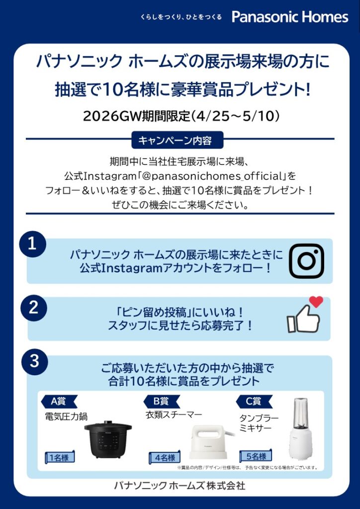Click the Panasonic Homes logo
290,17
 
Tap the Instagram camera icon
306,260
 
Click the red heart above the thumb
316,302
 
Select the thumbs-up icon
303,319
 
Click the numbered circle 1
32,244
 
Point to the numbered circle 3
35,362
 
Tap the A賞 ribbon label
59,402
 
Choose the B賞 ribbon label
161,402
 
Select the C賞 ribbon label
253,402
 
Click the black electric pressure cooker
108,439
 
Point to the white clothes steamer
210,442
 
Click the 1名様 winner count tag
59,458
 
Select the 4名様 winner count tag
165,458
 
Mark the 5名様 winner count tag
256,456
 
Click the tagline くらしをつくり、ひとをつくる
181,17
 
